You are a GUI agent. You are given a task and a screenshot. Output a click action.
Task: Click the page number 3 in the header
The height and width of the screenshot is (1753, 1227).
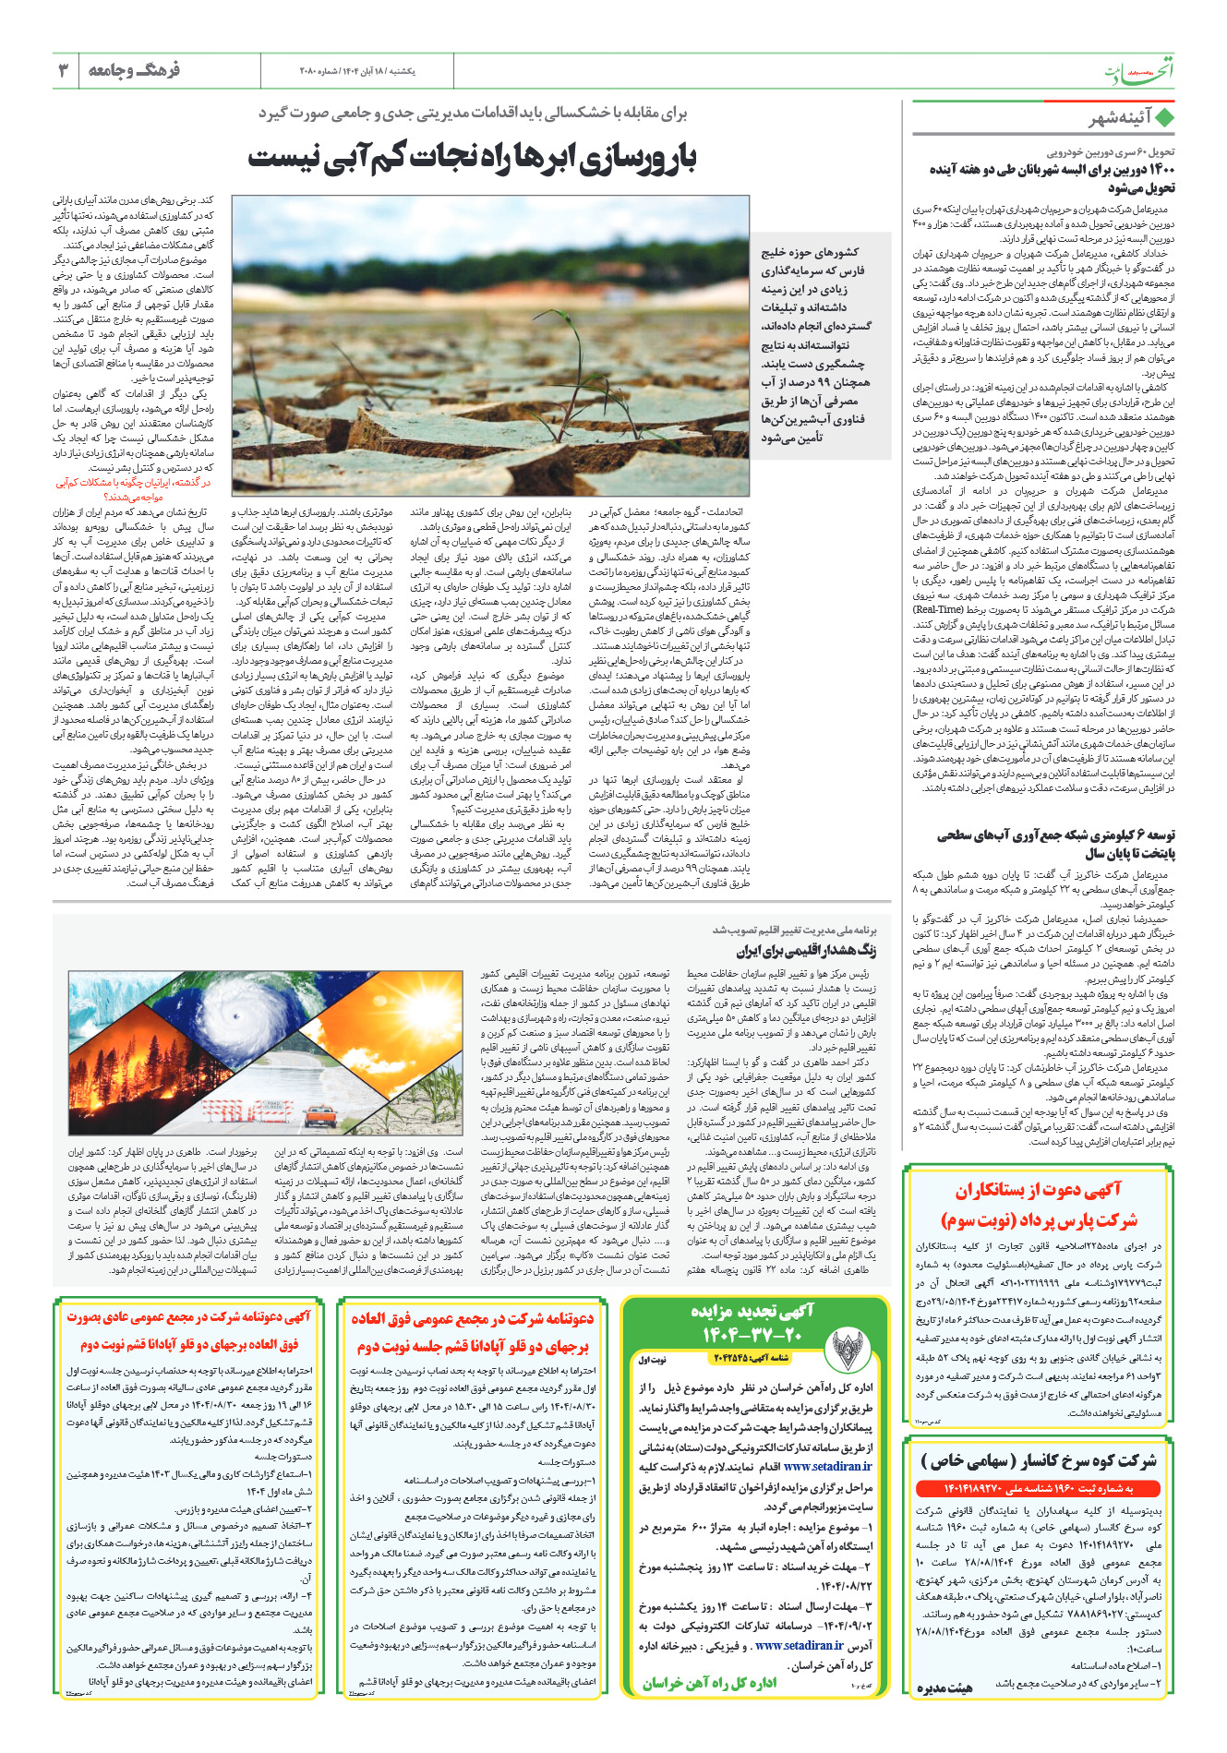click(x=63, y=70)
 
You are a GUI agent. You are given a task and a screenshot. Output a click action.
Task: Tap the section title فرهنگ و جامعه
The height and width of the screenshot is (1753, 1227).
click(x=133, y=70)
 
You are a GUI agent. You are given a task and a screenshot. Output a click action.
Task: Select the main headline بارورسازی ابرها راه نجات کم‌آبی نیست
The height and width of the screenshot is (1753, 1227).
click(x=471, y=158)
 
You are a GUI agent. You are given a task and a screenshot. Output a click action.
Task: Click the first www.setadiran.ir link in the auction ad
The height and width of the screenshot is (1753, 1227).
click(x=827, y=1465)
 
